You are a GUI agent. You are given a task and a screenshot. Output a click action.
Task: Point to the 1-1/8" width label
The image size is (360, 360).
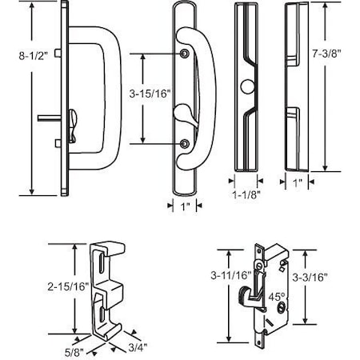click(245, 194)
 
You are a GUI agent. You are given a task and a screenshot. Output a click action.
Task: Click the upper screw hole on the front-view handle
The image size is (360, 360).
click(186, 54)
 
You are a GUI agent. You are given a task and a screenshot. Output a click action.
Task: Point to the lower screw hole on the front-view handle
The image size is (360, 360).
click(186, 144)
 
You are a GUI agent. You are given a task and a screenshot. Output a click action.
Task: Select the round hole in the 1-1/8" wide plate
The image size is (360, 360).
click(246, 86)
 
